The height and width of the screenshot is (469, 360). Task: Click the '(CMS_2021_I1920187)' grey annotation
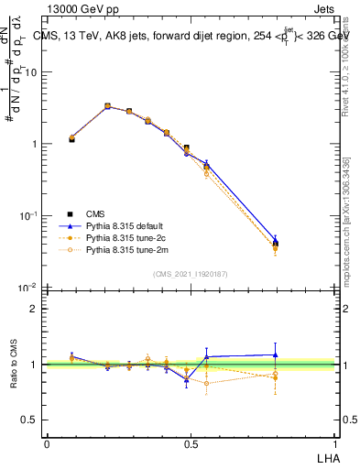click(191, 272)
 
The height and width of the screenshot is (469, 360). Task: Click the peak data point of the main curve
click(107, 106)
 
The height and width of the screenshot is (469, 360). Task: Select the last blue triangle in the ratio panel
click(276, 354)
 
